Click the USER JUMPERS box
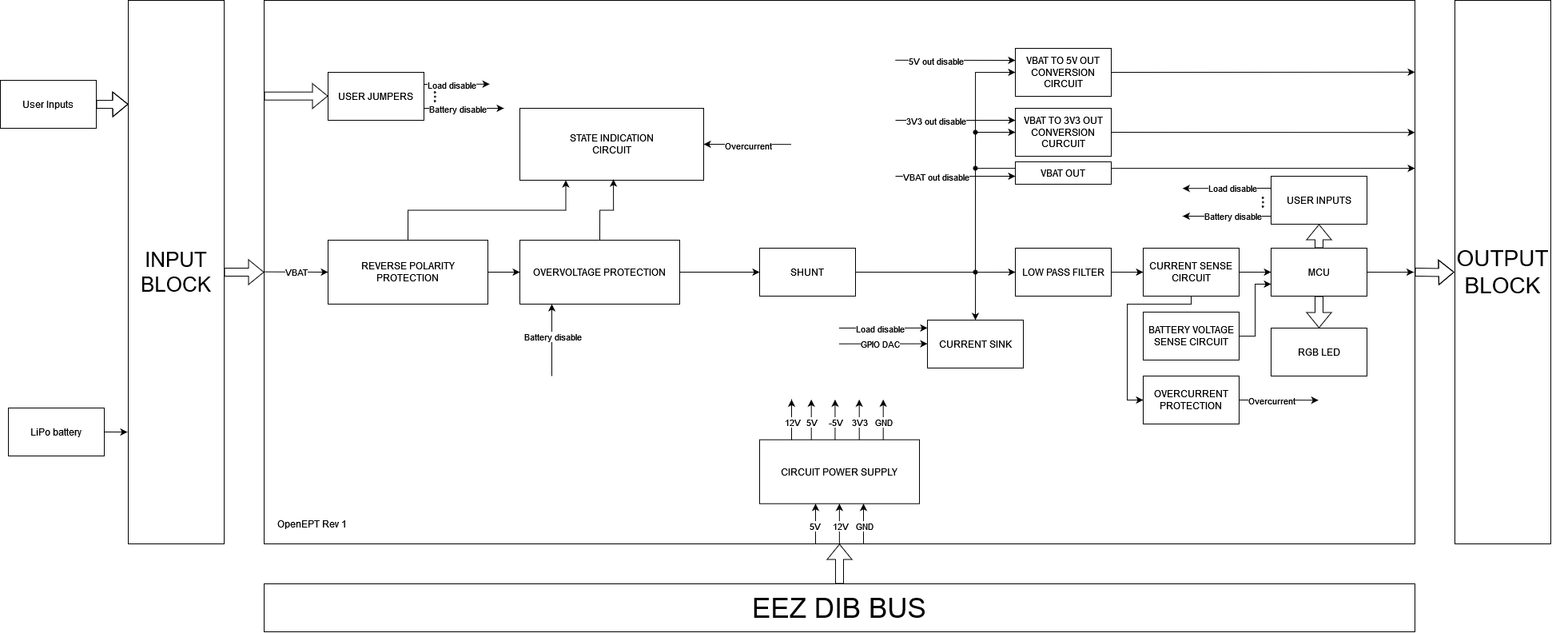point(376,97)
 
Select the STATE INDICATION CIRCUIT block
point(611,144)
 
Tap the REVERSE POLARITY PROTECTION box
point(408,272)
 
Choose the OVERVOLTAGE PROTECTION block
point(599,272)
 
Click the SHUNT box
point(807,272)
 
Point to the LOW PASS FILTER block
point(1063,272)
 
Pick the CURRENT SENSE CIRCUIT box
point(1191,272)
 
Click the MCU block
point(1319,272)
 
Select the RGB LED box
point(1319,352)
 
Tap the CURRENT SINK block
point(975,344)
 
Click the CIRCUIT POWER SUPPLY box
point(839,472)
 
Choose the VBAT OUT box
point(1063,173)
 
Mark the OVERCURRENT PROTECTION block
point(1191,400)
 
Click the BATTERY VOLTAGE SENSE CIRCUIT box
point(1191,336)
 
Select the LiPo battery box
point(56,432)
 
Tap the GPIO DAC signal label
point(880,344)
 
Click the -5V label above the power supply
point(835,423)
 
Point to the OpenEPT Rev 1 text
point(312,524)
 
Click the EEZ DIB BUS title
point(839,608)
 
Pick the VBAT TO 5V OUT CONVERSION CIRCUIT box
point(1063,72)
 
